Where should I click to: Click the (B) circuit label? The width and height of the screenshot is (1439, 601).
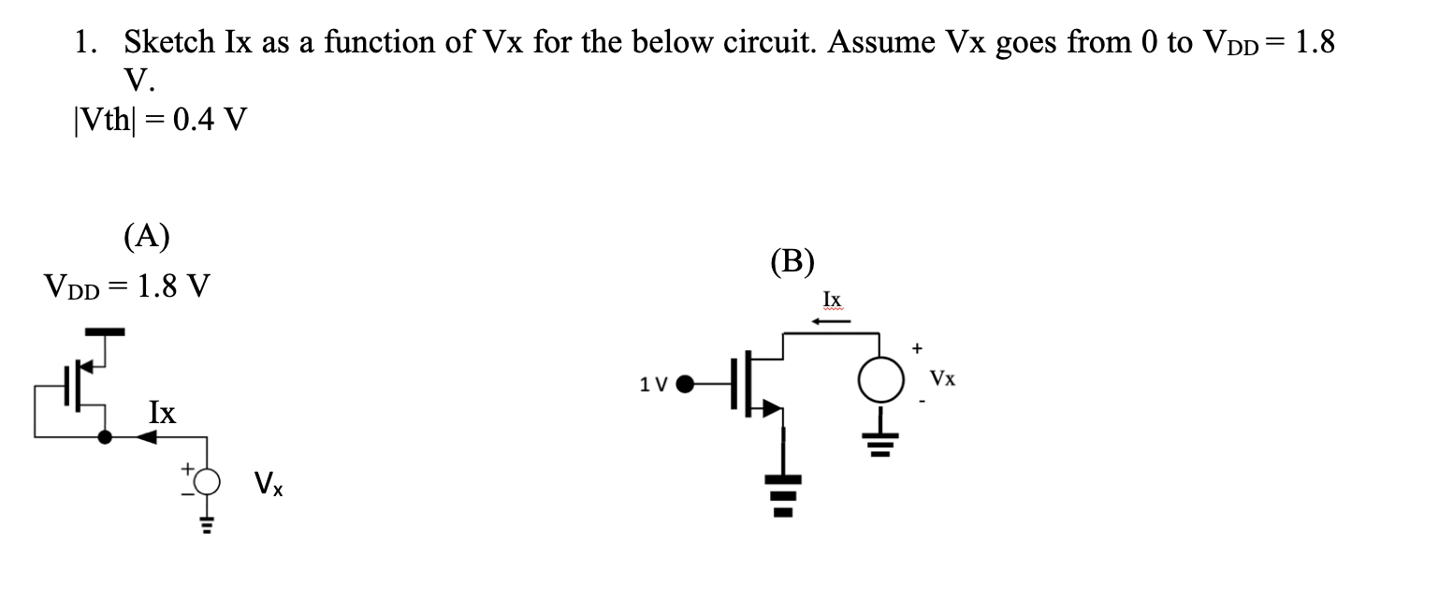pyautogui.click(x=792, y=260)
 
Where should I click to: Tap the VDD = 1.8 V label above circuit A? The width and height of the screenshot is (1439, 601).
pyautogui.click(x=127, y=285)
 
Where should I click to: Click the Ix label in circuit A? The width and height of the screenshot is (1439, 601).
pyautogui.click(x=163, y=412)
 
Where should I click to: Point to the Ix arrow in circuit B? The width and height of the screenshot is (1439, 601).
pyautogui.click(x=831, y=322)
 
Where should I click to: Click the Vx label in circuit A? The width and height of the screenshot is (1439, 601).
pyautogui.click(x=269, y=485)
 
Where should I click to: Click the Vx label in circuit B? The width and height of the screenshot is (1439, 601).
pyautogui.click(x=943, y=379)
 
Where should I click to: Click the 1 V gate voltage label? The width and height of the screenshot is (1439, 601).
pyautogui.click(x=652, y=384)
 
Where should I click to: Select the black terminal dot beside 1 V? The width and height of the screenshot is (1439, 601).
pyautogui.click(x=686, y=383)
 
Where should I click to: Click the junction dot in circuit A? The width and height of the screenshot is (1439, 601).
pyautogui.click(x=106, y=436)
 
